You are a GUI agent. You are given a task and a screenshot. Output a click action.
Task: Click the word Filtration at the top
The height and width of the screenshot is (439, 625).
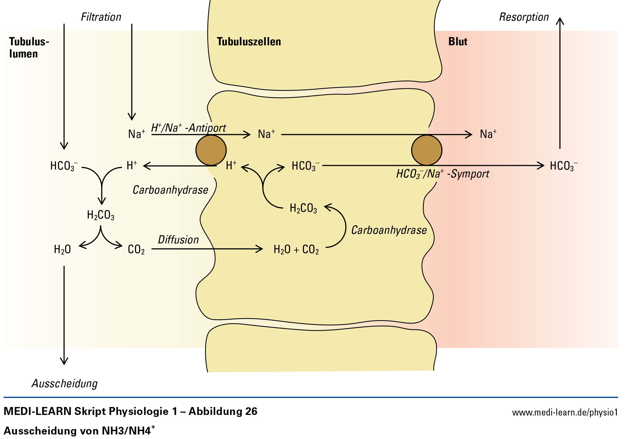point(101,17)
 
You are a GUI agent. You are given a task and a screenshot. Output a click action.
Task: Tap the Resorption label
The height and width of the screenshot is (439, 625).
point(524,17)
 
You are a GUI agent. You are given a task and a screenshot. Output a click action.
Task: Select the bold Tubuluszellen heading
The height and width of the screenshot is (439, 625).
point(249,42)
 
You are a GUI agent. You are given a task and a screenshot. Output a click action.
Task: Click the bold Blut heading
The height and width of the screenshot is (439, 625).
point(458,42)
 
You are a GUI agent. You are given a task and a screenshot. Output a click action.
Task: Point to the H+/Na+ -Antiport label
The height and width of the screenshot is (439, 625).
point(189,128)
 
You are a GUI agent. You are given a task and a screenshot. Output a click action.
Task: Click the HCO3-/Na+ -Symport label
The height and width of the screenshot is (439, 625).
point(443,174)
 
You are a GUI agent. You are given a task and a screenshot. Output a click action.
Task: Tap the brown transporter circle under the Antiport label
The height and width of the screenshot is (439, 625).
point(211,150)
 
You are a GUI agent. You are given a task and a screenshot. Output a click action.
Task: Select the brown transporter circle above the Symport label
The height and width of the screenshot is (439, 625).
point(426,150)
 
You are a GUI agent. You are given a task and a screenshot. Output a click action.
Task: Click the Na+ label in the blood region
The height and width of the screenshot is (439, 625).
point(488,134)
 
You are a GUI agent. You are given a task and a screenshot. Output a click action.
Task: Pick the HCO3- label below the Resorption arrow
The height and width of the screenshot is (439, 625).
point(564,166)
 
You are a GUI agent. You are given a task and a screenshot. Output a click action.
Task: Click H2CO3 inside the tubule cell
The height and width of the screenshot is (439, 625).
point(303,208)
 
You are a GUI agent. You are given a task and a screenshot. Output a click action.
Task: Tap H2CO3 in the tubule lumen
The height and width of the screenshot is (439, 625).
point(101,215)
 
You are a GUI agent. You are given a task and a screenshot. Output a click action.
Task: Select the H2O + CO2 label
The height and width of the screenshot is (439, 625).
point(296,250)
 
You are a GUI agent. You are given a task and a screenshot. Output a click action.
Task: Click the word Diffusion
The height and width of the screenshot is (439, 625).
point(178,240)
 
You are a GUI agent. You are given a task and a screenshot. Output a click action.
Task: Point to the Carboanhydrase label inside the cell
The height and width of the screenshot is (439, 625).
point(389,230)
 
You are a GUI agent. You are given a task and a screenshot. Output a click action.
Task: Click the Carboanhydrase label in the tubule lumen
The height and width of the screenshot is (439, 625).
point(170,190)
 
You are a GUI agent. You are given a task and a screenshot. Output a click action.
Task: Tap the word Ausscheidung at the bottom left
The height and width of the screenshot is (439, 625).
point(64,384)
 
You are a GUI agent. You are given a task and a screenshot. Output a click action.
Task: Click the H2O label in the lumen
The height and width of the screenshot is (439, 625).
point(62,250)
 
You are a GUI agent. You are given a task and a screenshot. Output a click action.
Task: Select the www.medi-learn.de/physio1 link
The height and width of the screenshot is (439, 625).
point(565,412)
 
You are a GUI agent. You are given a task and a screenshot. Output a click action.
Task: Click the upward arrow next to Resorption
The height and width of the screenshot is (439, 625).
point(560,83)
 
